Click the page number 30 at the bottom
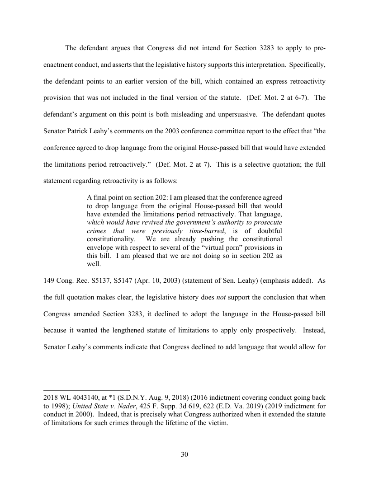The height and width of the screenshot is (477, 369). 184,454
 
